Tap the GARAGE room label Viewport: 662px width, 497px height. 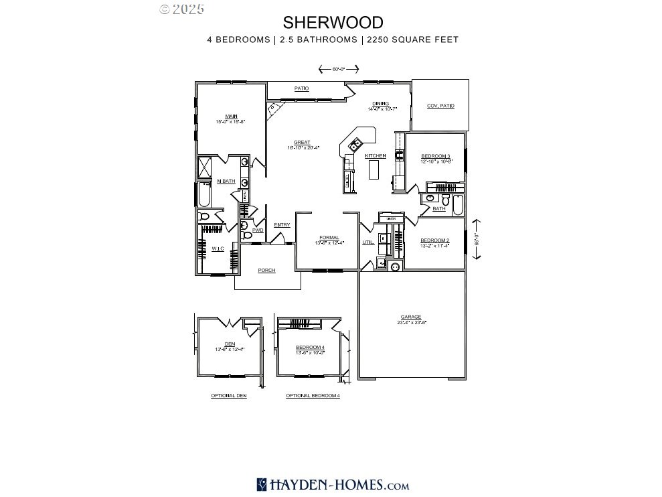[411, 317]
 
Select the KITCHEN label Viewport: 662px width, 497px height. [376, 156]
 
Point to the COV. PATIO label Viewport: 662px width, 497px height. [440, 106]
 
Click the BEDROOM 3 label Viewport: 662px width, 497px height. [435, 156]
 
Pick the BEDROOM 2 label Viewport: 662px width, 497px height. [434, 240]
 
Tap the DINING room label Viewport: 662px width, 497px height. [381, 104]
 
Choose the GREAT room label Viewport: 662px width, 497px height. [302, 143]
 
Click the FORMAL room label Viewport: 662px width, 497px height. [329, 238]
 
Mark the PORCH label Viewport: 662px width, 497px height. [267, 271]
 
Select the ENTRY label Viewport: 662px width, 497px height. [282, 224]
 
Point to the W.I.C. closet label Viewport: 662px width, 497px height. [218, 248]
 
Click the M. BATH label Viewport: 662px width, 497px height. [226, 181]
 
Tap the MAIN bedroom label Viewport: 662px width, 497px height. [231, 117]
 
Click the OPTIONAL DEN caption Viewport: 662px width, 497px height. [229, 396]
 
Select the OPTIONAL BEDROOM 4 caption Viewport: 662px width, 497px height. [313, 396]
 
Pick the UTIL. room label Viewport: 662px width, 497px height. [367, 242]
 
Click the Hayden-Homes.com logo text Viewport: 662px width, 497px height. [332, 484]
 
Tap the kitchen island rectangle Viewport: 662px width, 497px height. [374, 171]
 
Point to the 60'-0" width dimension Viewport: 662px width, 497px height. [339, 69]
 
